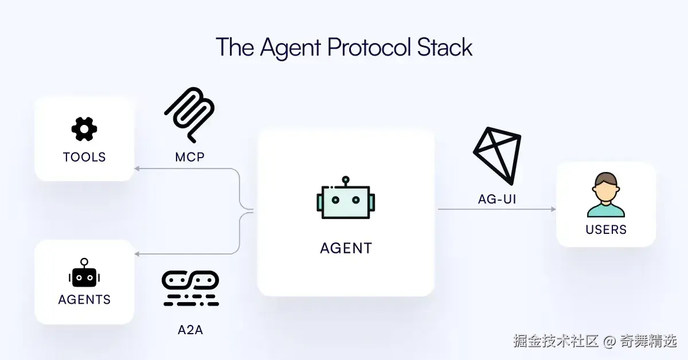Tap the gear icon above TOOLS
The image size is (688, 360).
coord(84,129)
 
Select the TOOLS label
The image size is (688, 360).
coord(84,157)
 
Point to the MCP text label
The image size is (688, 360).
coord(190,156)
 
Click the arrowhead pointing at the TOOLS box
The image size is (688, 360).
coord(137,169)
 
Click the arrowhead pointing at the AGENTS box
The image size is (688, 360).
coord(137,254)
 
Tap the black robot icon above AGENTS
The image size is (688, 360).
coord(84,273)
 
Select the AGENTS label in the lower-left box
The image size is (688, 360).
coord(84,299)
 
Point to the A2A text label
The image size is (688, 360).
coord(190,330)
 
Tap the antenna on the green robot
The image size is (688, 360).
coord(345,181)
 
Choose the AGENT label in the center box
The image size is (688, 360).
coord(346,248)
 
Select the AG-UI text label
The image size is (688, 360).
coord(497,199)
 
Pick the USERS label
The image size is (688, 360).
coord(606,230)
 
